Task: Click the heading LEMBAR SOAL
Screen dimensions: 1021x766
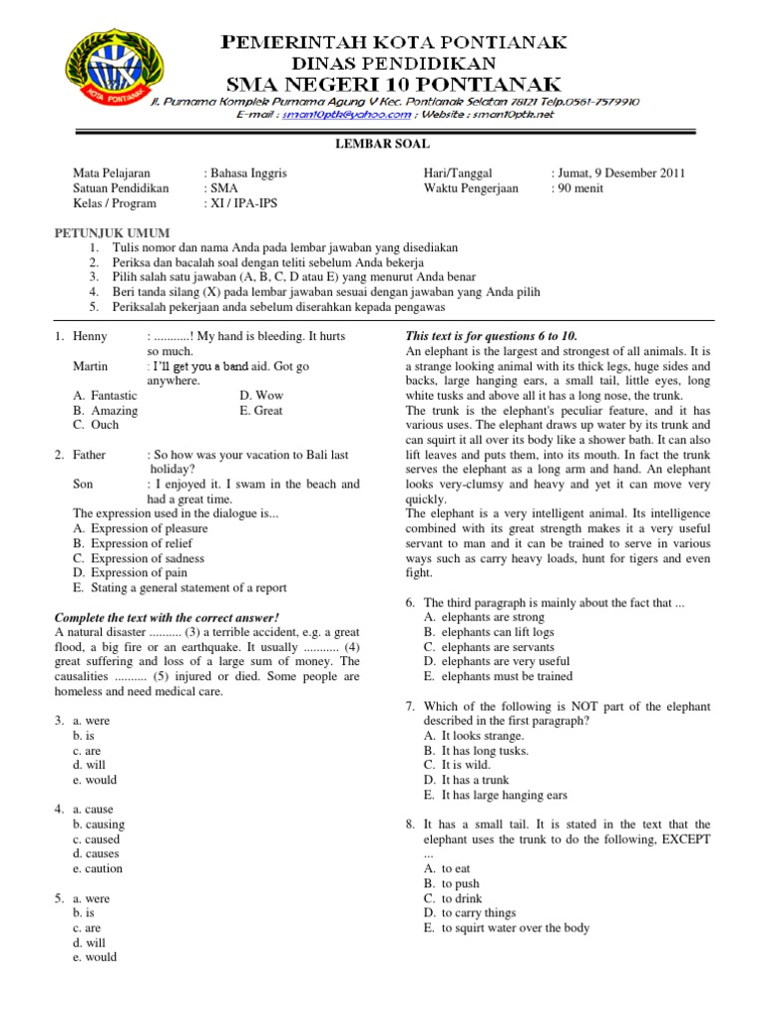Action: [382, 145]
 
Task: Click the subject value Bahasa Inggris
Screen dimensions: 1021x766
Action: [247, 172]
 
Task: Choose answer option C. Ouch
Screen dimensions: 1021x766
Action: [96, 425]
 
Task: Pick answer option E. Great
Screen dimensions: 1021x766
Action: [261, 410]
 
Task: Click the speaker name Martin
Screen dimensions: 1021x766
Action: [91, 367]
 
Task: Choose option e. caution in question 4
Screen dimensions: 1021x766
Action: [98, 868]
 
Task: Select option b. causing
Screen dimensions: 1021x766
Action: [99, 825]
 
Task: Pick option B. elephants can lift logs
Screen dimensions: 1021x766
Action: [489, 632]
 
